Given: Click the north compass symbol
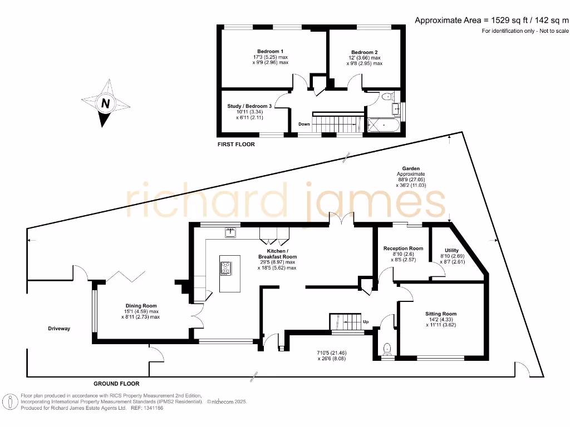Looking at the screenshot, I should coord(105,103).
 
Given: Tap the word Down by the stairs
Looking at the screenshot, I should coord(304,124).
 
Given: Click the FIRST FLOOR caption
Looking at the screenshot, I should coord(236,145).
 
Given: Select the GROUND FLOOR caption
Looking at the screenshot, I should coord(116,384).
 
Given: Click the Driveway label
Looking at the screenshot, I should coord(59,329).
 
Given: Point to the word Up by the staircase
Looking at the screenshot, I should coord(366,322).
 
